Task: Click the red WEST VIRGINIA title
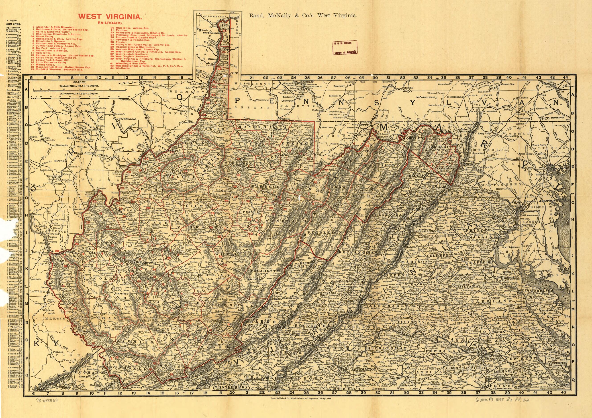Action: [x=110, y=17]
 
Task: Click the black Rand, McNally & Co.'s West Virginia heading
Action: [x=303, y=16]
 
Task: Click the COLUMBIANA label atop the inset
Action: [x=213, y=16]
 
